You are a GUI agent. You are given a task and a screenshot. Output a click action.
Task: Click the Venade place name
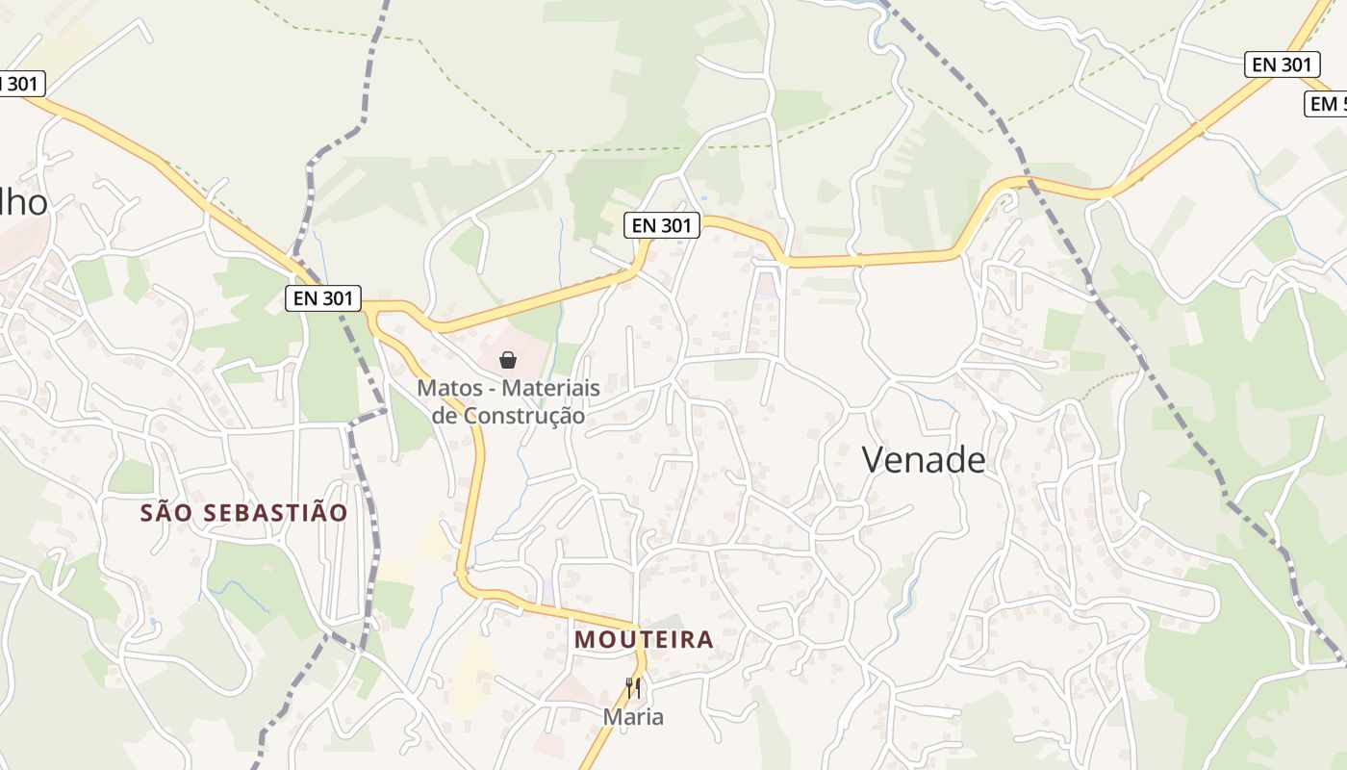point(924,460)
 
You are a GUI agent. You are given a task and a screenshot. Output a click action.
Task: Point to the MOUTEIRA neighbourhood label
point(644,639)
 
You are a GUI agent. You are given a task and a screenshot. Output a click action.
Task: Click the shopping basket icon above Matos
point(508,360)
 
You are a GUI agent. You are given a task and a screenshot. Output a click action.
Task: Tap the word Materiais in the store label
point(551,389)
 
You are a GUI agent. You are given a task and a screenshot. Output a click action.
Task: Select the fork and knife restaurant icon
point(633,687)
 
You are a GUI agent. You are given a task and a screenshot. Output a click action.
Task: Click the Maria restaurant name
point(633,717)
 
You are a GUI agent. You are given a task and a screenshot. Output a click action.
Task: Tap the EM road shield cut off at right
point(1327,104)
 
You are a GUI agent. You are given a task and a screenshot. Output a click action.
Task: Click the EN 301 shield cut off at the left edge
point(19,84)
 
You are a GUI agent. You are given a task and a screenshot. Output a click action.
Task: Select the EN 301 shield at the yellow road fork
point(323,298)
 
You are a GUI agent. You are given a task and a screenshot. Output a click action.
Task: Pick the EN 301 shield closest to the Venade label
point(662,225)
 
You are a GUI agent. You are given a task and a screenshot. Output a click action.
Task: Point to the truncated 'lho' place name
point(23,203)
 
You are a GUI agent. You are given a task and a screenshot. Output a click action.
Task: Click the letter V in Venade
point(873,460)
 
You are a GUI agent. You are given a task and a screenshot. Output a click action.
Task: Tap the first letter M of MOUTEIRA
point(583,639)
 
